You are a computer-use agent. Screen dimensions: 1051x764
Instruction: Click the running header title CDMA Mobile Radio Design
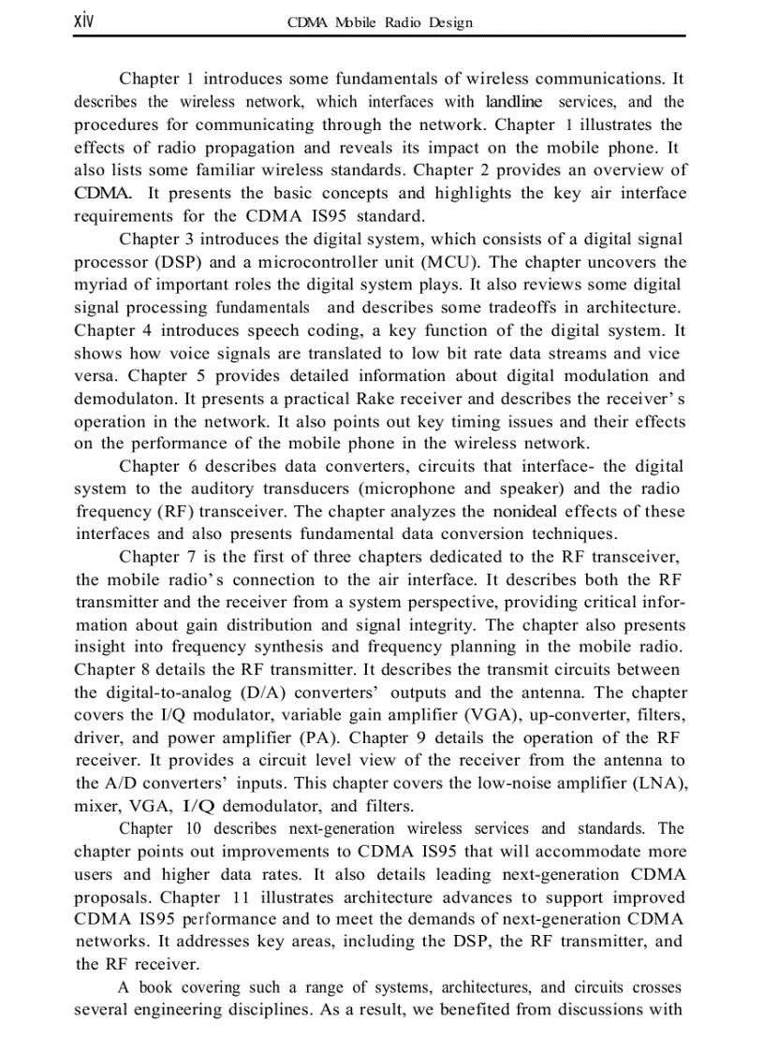(x=382, y=22)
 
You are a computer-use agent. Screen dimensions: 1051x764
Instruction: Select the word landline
(x=513, y=101)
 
